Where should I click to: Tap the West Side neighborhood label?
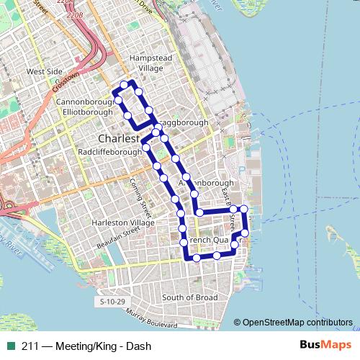45,71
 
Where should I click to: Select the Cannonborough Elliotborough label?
85,107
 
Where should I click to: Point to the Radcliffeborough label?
110,152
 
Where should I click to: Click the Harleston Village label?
123,222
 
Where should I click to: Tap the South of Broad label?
189,297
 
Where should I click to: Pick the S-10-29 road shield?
113,301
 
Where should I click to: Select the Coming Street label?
138,194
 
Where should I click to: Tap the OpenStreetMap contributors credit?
297,323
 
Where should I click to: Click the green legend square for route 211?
11,346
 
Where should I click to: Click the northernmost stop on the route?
124,85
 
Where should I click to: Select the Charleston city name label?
119,138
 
